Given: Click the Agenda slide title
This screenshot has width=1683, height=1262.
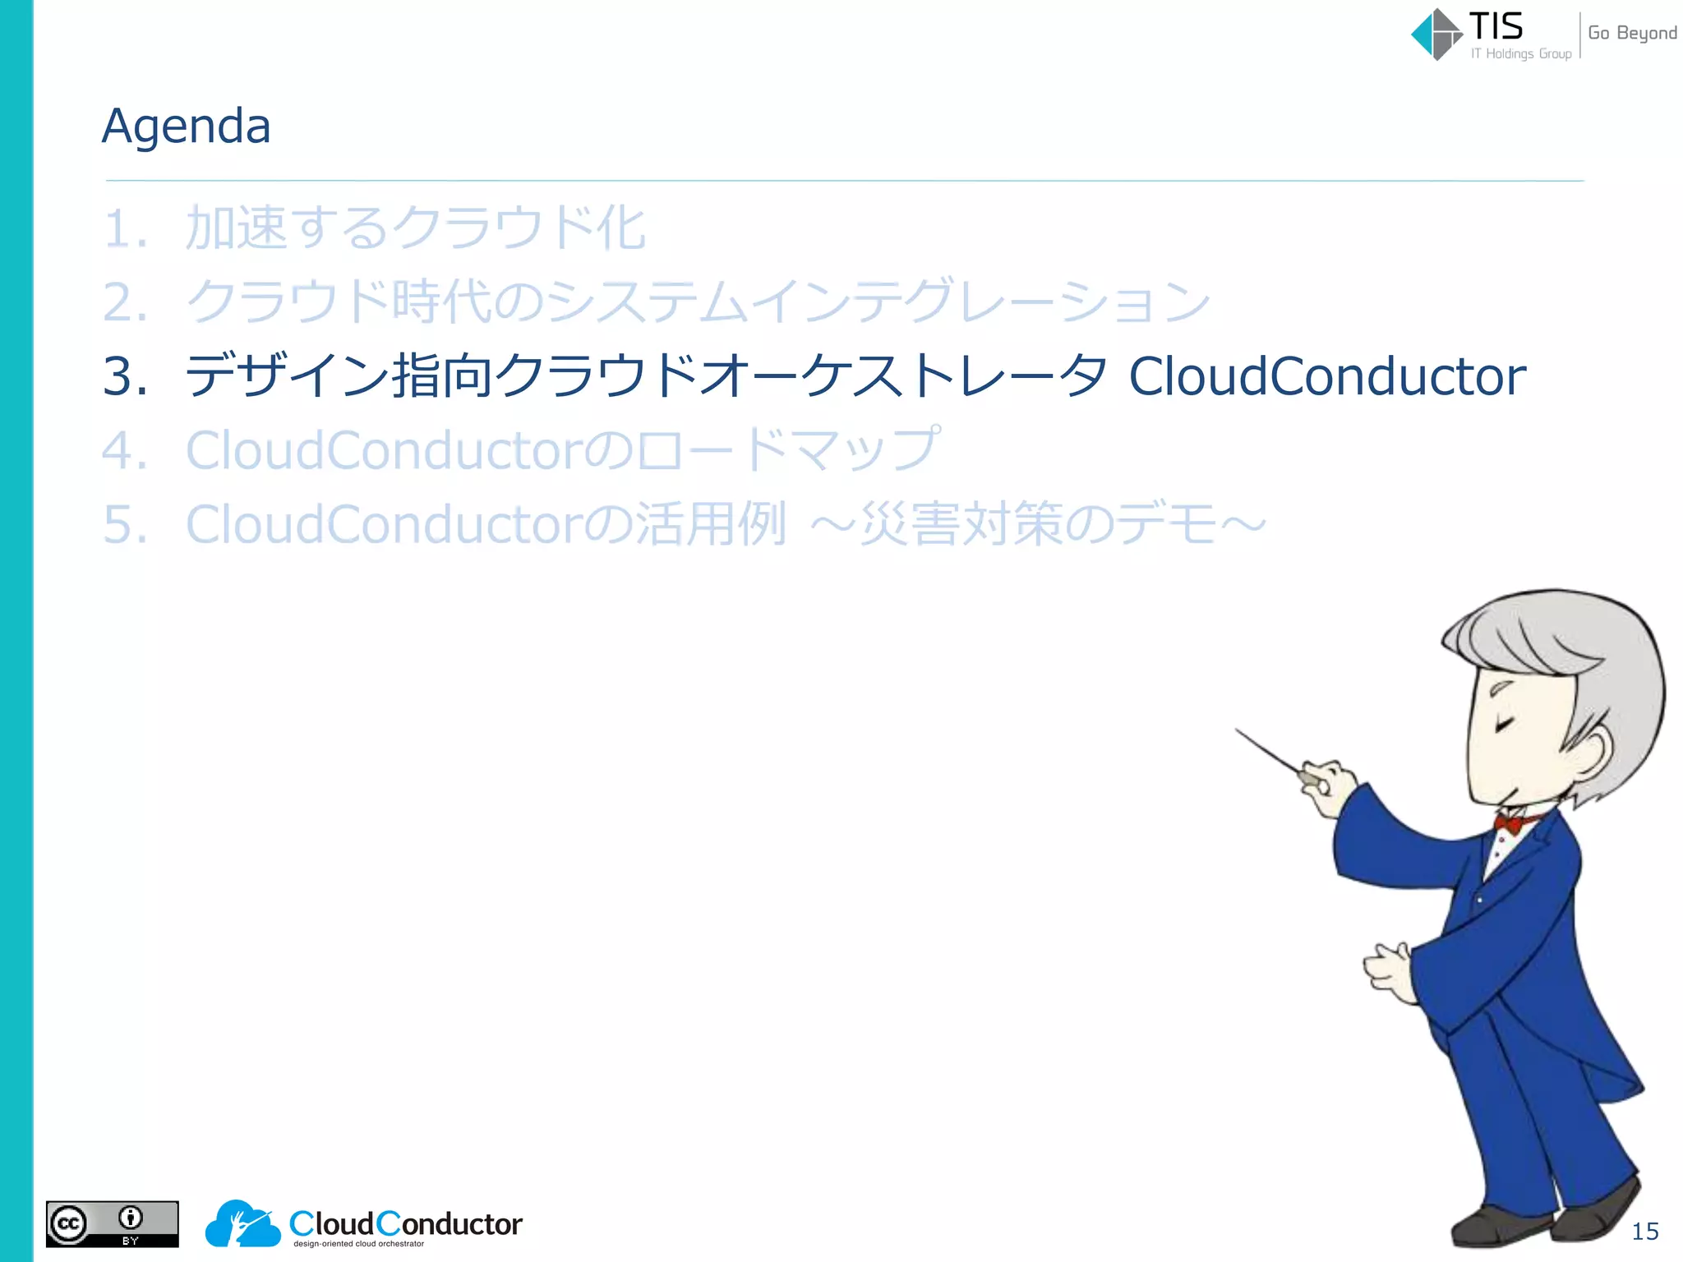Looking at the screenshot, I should tap(186, 127).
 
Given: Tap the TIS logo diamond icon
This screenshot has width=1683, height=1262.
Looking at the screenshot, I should tap(1436, 35).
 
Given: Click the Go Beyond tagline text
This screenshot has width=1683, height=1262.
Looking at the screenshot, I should tap(1631, 33).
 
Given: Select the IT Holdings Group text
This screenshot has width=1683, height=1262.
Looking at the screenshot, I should tap(1520, 54).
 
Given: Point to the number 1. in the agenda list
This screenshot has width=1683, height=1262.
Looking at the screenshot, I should tap(124, 228).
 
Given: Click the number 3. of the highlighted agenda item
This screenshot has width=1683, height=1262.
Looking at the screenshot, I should tap(124, 376).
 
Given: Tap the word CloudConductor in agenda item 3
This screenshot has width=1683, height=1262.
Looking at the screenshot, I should tap(1326, 376).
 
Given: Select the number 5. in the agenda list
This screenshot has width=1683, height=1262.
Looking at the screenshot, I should tap(124, 524).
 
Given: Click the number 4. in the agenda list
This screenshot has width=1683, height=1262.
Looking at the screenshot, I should tap(124, 450).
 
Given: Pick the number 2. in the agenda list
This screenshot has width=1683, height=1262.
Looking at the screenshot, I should tap(124, 302).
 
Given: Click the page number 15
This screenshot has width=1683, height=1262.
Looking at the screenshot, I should tap(1644, 1231).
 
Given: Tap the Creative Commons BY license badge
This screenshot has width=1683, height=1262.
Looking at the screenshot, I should tap(112, 1224).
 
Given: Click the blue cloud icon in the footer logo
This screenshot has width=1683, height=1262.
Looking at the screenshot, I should tap(242, 1224).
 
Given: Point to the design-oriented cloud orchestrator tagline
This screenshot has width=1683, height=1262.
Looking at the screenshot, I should tap(358, 1244).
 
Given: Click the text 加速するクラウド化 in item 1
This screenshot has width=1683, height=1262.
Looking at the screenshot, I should tap(415, 228).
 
